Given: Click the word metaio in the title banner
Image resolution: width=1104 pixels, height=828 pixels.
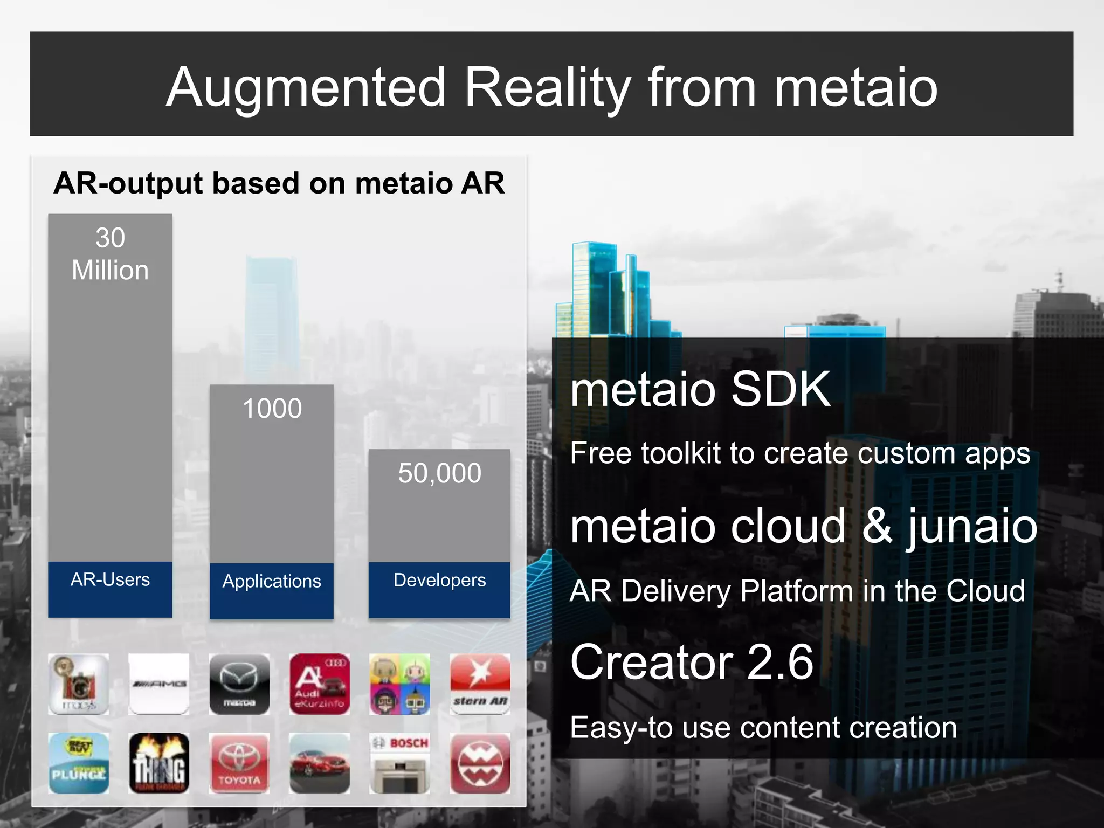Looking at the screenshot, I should tap(855, 87).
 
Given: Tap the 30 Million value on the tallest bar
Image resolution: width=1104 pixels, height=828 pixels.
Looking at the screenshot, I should tap(110, 254).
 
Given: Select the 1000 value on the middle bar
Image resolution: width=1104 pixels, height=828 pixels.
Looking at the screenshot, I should tap(272, 409).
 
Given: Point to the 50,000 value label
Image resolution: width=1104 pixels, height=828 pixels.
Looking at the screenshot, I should tap(439, 473).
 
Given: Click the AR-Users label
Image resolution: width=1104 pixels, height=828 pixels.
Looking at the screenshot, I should tap(110, 579).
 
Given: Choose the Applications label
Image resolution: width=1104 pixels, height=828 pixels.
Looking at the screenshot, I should tap(272, 581).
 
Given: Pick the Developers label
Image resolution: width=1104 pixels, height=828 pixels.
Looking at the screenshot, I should tap(439, 580).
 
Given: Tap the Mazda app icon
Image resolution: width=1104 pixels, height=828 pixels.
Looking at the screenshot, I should tap(239, 684).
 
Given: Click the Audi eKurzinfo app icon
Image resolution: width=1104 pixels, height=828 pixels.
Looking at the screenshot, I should tap(320, 684).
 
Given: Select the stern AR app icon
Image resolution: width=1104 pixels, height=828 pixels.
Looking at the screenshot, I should tap(480, 684).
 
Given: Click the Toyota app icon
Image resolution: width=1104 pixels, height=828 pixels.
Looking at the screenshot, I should tap(239, 763).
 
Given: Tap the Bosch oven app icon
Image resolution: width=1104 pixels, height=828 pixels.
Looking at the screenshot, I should tap(400, 763).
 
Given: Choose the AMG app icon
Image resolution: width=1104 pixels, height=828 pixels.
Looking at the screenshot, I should tap(159, 684).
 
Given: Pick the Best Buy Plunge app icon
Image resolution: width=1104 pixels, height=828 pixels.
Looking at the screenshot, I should tap(79, 763).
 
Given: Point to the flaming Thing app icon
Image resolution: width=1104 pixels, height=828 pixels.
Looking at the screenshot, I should tap(159, 763).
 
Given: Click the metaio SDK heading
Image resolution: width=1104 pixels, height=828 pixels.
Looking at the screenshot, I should tap(700, 389).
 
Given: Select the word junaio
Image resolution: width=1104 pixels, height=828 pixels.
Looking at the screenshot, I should tap(972, 527).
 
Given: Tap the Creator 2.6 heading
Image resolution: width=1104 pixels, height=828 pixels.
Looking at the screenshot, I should tap(692, 662).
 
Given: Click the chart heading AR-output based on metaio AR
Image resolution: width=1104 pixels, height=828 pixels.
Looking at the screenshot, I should tap(279, 183).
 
